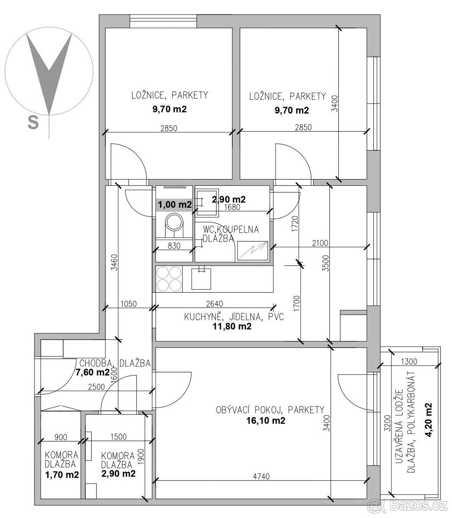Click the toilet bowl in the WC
tap(174, 225)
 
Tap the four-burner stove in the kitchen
tap(169, 279)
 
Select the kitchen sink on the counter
tap(201, 279)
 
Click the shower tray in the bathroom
tap(252, 251)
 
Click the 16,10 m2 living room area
tap(266, 420)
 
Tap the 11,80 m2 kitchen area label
tap(232, 326)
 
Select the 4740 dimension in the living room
tap(261, 476)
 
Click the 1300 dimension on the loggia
tap(409, 361)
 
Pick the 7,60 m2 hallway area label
tap(93, 372)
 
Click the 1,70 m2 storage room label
tap(62, 474)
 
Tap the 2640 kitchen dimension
tap(215, 303)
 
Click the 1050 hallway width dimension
tap(129, 303)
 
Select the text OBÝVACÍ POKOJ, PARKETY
tap(270, 410)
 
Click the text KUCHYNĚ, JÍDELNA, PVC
tap(234, 317)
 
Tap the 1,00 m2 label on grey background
tap(175, 204)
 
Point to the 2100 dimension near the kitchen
tap(320, 243)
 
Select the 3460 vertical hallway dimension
tap(115, 262)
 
